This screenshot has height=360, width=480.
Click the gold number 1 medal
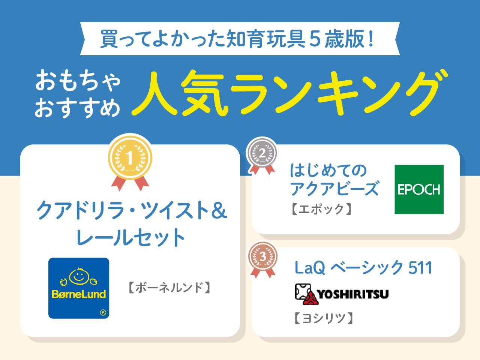[x=130, y=158]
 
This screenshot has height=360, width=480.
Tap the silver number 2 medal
[x=262, y=153]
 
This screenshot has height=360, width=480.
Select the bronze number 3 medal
[x=262, y=256]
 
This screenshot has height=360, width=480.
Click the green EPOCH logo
[x=419, y=189]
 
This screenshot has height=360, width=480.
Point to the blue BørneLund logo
[x=79, y=288]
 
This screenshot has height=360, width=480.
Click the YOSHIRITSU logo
[x=342, y=294]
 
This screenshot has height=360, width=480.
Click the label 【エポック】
[x=321, y=209]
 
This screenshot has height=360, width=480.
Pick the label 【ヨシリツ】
[x=323, y=318]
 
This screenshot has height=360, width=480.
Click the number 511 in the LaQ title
[x=420, y=268]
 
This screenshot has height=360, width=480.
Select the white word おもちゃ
[x=78, y=80]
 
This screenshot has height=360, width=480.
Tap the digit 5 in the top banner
[x=315, y=39]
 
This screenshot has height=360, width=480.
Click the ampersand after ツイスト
[x=219, y=210]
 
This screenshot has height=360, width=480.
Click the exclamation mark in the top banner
[x=371, y=39]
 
